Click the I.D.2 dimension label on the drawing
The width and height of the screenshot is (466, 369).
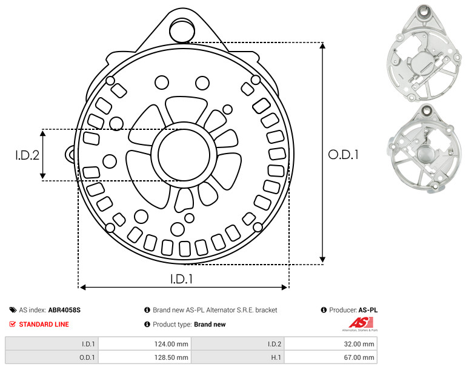pos(27,155)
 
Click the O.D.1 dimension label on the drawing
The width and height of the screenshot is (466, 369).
pos(343,155)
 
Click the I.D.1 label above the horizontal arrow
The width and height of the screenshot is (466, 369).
pos(181,279)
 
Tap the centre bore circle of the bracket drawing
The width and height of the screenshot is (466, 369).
pos(184,155)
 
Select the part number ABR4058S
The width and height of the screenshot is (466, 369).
pos(64,310)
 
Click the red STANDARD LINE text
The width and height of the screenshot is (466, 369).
pos(44,324)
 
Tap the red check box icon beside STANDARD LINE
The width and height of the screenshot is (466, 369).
pos(13,324)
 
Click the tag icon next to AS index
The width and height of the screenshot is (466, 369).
pos(13,310)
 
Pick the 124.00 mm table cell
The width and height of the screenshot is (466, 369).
pos(145,344)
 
